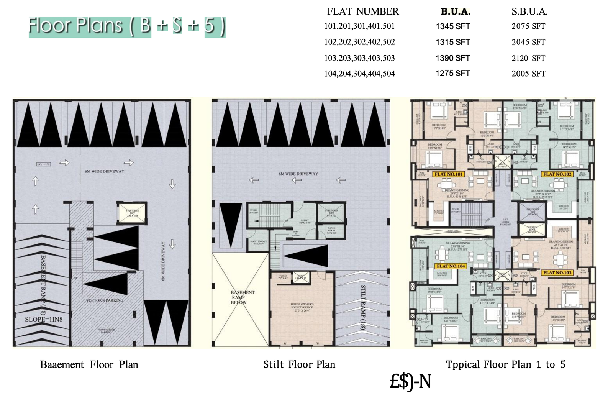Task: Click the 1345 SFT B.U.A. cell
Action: pyautogui.click(x=452, y=26)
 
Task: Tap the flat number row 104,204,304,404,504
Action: pyautogui.click(x=359, y=74)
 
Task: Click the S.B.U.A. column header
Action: pyautogui.click(x=529, y=12)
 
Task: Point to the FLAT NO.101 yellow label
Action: pyautogui.click(x=449, y=174)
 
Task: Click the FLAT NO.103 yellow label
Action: pyautogui.click(x=557, y=272)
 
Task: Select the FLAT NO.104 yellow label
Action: pyautogui.click(x=451, y=266)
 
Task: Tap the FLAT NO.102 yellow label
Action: pyautogui.click(x=557, y=174)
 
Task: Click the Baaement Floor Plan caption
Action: pyautogui.click(x=89, y=364)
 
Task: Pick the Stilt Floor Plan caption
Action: pyautogui.click(x=299, y=364)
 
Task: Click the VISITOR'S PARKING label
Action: pyautogui.click(x=105, y=300)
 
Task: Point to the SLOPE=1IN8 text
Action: pyautogui.click(x=44, y=319)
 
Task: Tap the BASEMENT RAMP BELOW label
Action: pyautogui.click(x=239, y=297)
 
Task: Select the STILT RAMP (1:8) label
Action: pyautogui.click(x=363, y=307)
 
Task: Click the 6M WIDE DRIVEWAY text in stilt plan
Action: pyautogui.click(x=298, y=174)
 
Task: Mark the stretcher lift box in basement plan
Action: pyautogui.click(x=132, y=213)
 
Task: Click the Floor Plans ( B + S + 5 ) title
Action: pyautogui.click(x=127, y=26)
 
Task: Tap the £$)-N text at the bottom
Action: pyautogui.click(x=410, y=381)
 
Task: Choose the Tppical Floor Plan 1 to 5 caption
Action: pyautogui.click(x=505, y=364)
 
